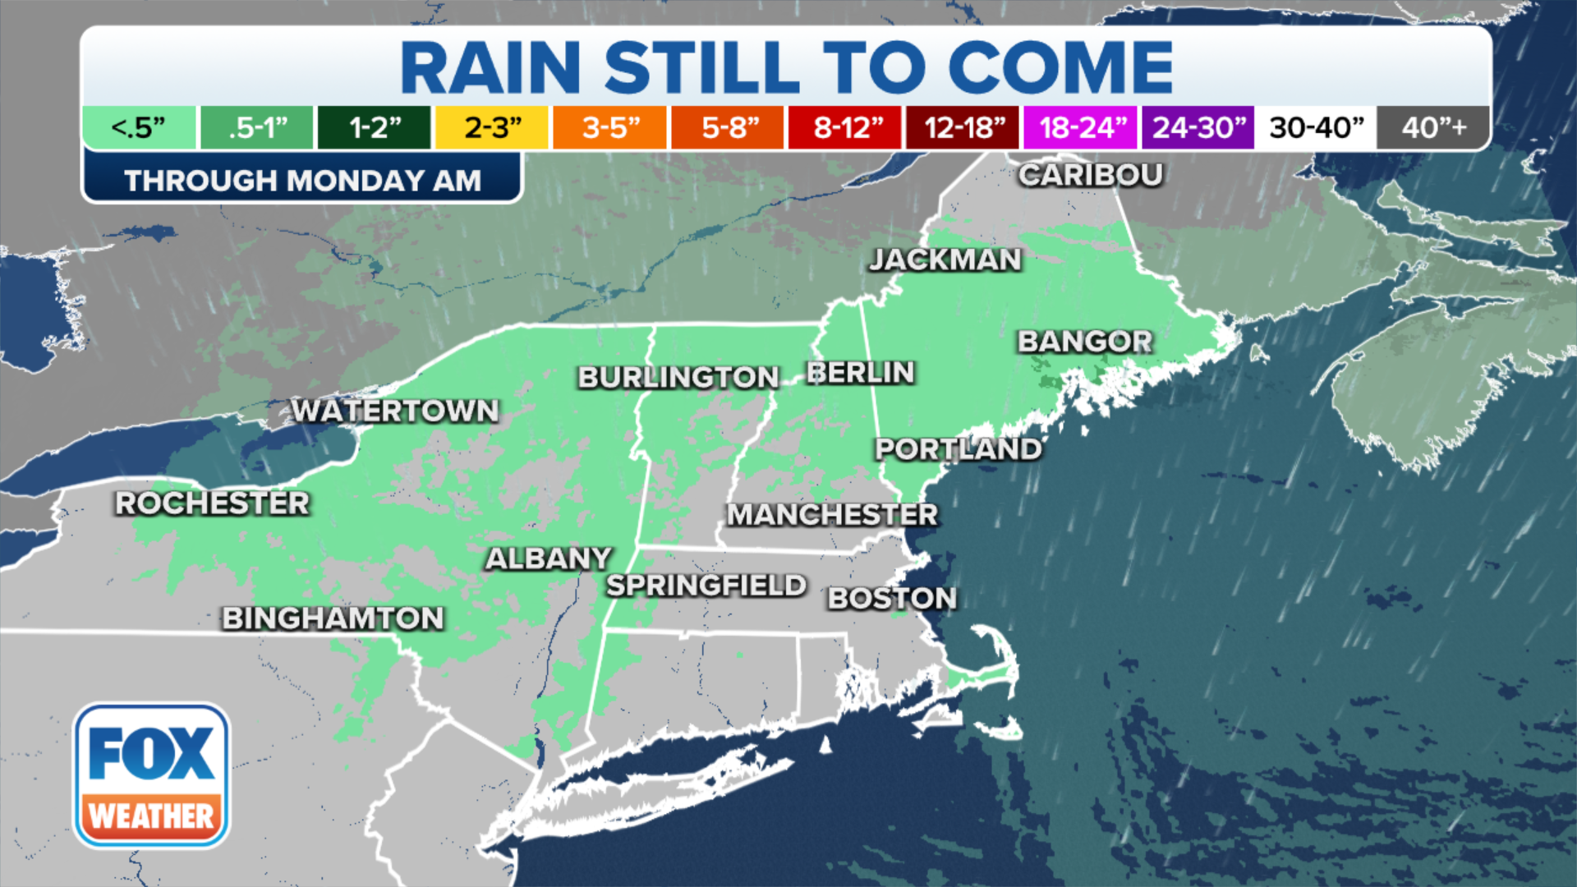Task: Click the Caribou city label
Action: pos(1091,175)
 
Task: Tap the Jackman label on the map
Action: pos(945,260)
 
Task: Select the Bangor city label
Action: pos(1085,342)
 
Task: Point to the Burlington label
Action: pos(678,378)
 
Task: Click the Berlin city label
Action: pos(860,373)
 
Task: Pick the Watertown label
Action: pos(395,411)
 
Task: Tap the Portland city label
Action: pos(959,449)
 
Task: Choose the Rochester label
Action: pos(212,503)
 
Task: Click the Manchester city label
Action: pos(832,515)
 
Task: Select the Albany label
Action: pos(549,559)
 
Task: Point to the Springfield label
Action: pos(706,586)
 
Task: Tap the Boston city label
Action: pos(892,599)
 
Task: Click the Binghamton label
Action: pos(333,618)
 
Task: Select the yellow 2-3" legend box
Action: pos(492,128)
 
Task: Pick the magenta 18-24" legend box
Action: pos(1081,128)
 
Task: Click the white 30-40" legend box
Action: pos(1316,128)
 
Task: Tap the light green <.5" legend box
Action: pos(139,128)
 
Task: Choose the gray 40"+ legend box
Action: pos(1433,128)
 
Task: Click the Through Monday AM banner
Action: pos(302,180)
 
